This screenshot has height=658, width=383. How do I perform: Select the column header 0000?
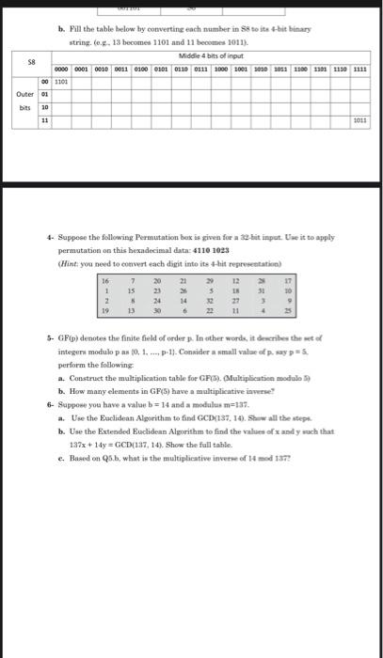coord(66,69)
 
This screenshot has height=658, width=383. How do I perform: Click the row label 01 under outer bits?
coord(42,94)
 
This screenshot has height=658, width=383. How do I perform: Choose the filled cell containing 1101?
coord(66,81)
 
